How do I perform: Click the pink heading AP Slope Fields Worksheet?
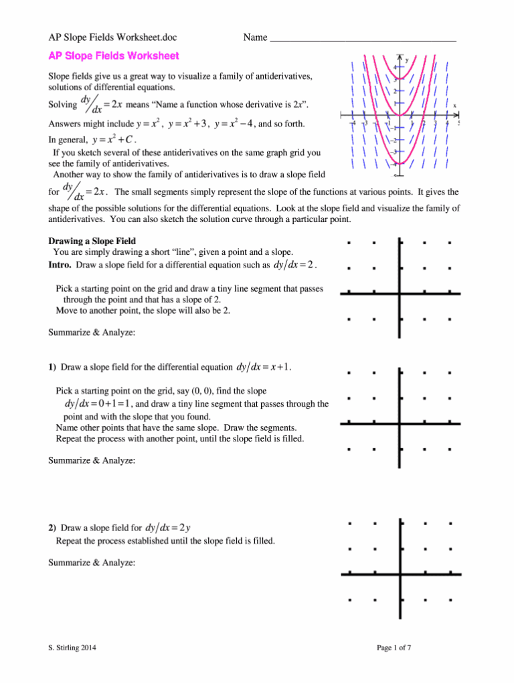[113, 56]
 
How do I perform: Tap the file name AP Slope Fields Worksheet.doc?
[117, 37]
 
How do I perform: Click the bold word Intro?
[60, 266]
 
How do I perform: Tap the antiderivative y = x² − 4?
[235, 124]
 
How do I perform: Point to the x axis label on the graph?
[454, 105]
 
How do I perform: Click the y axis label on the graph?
[407, 60]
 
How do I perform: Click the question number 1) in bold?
[52, 367]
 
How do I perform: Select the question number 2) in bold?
[52, 528]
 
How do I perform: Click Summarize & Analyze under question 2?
[92, 563]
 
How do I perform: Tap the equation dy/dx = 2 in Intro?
[295, 266]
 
